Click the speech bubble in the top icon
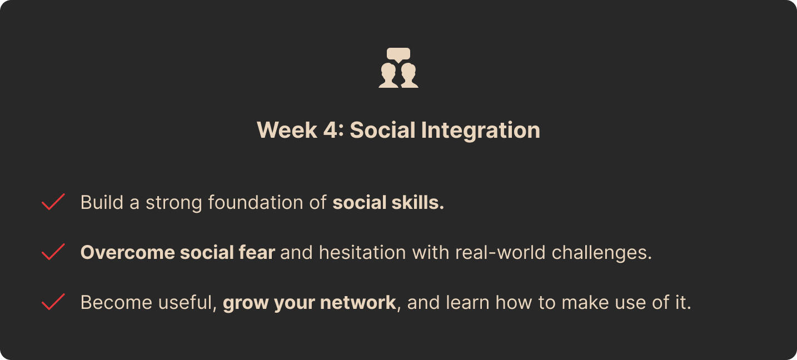(x=398, y=54)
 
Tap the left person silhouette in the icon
(x=388, y=76)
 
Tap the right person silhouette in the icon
(x=409, y=76)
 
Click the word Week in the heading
(x=287, y=130)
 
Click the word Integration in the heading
(x=481, y=131)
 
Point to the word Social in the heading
(x=382, y=130)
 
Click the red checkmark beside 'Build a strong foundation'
(x=53, y=202)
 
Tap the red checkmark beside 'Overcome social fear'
(x=53, y=252)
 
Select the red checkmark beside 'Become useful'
(x=53, y=302)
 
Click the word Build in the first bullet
(x=102, y=202)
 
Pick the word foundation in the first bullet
(x=256, y=202)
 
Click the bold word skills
(x=418, y=202)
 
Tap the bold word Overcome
(x=128, y=253)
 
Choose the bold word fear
(x=257, y=252)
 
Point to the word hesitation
(x=362, y=253)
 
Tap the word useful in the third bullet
(x=187, y=303)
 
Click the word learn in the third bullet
(x=467, y=302)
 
